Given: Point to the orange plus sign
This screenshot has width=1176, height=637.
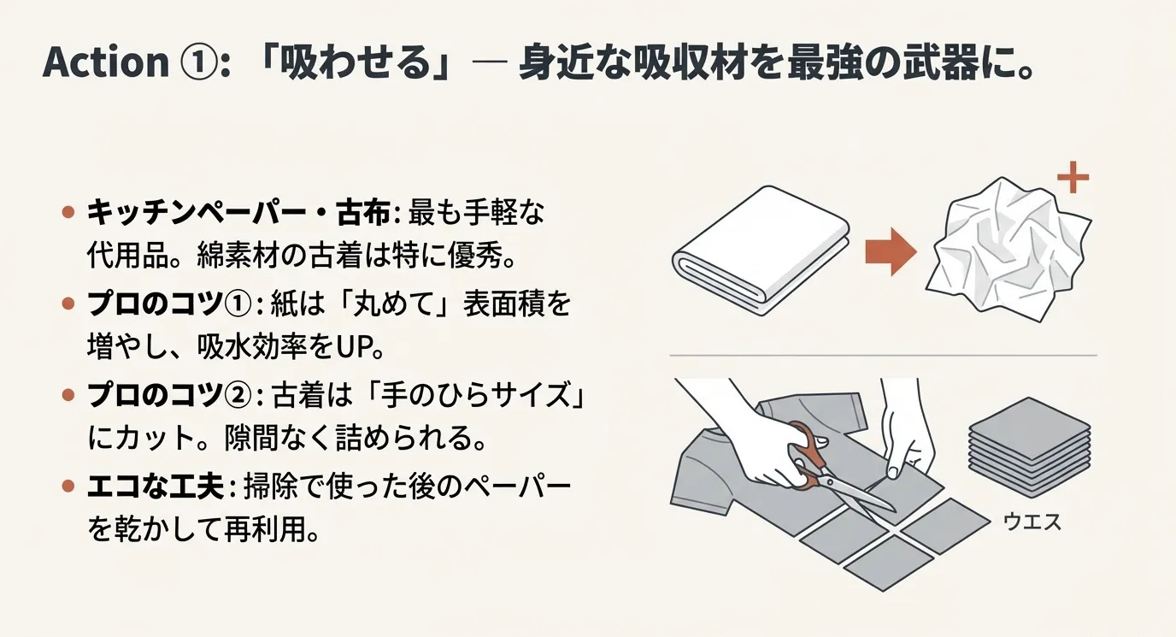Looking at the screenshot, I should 1072,180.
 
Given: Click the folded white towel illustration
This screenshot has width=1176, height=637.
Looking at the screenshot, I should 761,245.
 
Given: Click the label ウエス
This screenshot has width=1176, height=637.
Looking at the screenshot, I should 1029,521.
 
